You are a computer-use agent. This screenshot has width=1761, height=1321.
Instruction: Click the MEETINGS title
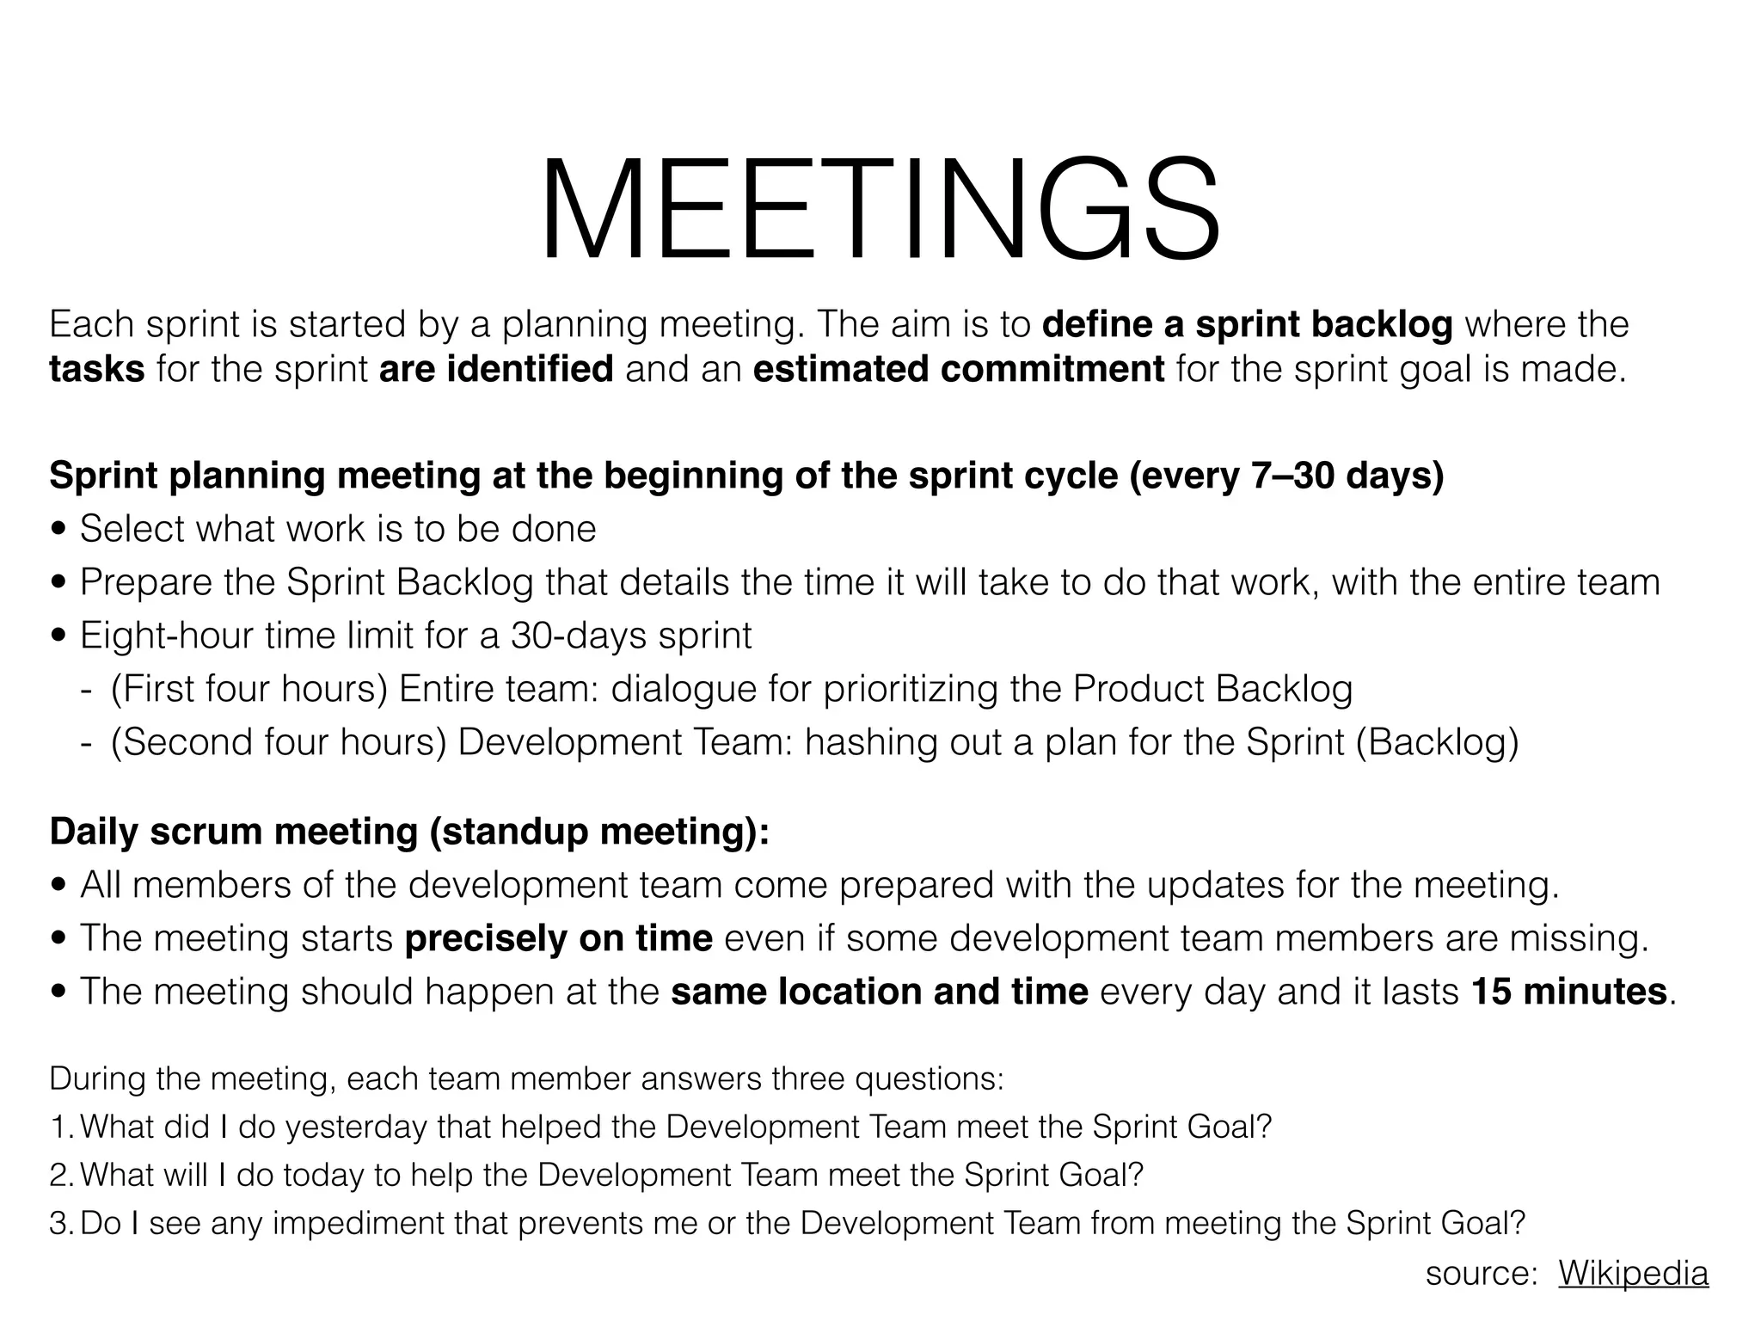(879, 210)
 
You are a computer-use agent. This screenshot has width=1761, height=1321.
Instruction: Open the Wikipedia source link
(1633, 1274)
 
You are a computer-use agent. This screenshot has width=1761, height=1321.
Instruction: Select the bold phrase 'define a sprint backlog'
(1247, 325)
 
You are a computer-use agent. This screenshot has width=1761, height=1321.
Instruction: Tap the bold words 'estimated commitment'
(958, 370)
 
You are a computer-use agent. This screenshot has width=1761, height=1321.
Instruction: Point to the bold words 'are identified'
(496, 370)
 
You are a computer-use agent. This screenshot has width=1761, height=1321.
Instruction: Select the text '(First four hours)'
(249, 690)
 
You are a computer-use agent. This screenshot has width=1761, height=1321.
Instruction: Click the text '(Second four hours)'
(279, 743)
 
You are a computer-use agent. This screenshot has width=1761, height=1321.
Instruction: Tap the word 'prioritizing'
(911, 690)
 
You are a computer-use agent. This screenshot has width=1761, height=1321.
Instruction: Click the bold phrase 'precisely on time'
(558, 938)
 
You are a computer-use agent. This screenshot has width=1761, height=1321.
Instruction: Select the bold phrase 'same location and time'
(879, 992)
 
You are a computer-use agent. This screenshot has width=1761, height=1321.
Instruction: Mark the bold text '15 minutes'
(1569, 992)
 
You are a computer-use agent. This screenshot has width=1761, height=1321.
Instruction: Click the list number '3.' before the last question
(62, 1224)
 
